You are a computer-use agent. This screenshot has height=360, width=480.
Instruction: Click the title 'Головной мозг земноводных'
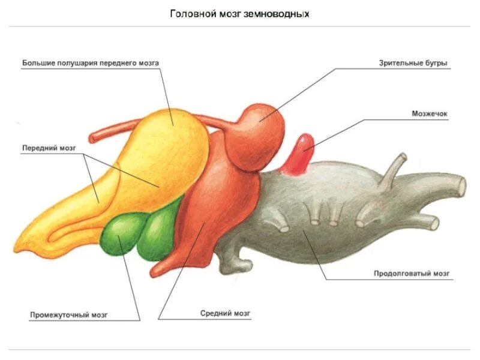coord(240,13)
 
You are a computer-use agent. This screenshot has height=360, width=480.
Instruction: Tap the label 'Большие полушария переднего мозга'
coord(91,62)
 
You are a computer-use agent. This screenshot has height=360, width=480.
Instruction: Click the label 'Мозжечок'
coord(430,113)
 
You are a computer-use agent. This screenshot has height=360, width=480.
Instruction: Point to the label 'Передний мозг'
coord(49,148)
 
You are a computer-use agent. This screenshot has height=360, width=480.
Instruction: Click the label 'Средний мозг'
coord(225,313)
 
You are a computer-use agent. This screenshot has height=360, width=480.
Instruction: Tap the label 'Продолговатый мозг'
coord(412,274)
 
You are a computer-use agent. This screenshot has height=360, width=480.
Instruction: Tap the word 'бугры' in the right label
coord(437,62)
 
